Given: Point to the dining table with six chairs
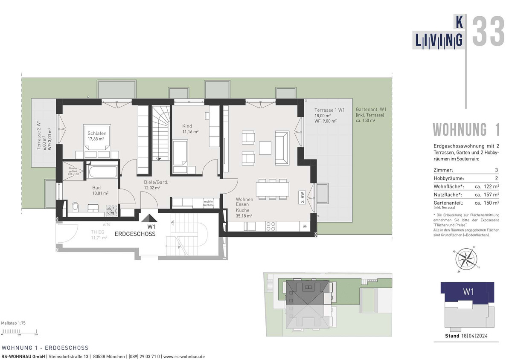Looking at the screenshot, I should (x=272, y=189).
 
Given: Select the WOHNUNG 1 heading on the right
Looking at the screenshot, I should (x=466, y=130).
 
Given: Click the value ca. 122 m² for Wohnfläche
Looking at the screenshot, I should (x=487, y=187).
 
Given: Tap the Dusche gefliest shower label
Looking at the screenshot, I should (x=73, y=171).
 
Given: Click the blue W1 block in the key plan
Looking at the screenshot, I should (x=468, y=292).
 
